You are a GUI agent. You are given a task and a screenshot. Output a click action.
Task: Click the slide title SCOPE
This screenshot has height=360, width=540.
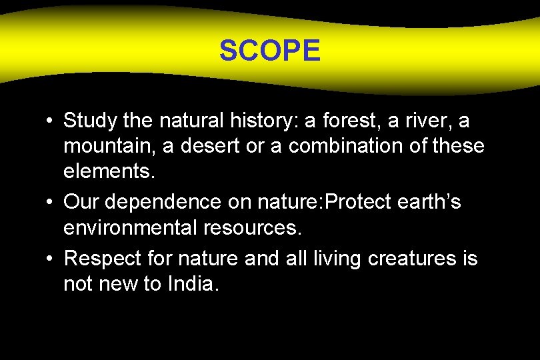click(270, 51)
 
